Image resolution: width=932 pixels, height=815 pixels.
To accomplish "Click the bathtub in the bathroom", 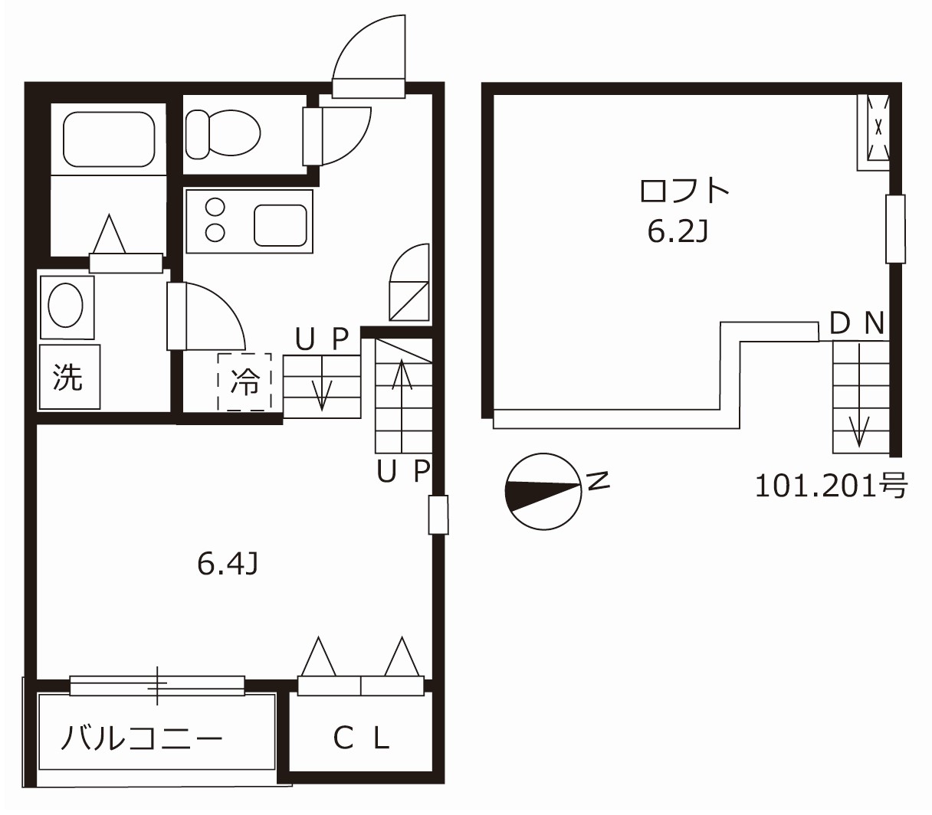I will coord(108,139).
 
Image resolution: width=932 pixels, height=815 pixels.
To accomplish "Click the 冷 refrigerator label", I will coord(245,381).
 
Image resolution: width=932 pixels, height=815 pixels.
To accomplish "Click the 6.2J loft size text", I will coord(676,231).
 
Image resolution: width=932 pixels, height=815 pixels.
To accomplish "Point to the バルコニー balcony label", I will coord(142,738).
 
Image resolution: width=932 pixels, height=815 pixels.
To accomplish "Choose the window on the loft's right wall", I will coord(894,228).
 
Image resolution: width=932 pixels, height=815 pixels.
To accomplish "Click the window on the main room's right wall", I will coord(438,514).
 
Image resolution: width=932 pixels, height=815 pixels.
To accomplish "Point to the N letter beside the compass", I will coord(598,480).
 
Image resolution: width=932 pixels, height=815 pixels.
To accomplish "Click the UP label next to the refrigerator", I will coord(322,339).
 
